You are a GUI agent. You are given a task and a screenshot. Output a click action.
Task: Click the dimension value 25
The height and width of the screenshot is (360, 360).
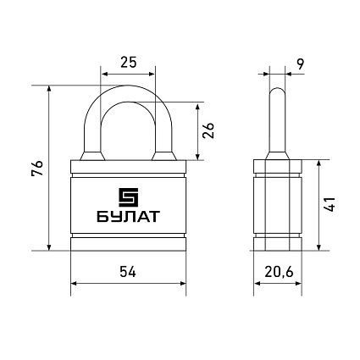[x=129, y=62]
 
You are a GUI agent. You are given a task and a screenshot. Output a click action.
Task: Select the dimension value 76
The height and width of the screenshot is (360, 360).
[x=37, y=169]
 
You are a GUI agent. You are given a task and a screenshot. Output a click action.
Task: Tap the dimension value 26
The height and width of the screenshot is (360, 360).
[x=208, y=130]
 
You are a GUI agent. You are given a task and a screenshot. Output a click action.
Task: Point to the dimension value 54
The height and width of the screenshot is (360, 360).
[x=128, y=272]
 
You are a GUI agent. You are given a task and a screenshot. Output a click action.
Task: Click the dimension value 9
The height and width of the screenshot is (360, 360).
[x=301, y=64]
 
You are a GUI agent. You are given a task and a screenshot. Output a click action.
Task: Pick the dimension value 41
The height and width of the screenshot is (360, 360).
[x=330, y=204]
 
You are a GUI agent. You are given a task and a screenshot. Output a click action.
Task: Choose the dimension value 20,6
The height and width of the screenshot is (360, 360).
[x=280, y=272]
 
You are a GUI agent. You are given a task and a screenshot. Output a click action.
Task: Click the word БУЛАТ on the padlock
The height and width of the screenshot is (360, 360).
[x=128, y=217]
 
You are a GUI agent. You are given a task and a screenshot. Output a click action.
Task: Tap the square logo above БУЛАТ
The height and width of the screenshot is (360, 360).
[x=129, y=197]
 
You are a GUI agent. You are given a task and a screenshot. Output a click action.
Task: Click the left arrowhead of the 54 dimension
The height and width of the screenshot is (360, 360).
[x=74, y=283]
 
